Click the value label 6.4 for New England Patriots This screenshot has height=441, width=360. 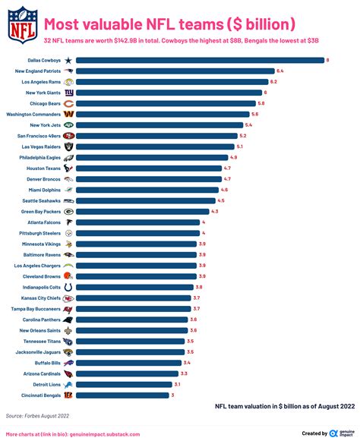[280, 71]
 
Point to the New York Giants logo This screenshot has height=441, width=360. [68, 92]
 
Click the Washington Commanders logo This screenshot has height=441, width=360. [68, 114]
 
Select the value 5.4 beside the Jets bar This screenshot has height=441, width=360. [248, 124]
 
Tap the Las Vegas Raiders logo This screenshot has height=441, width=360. [68, 146]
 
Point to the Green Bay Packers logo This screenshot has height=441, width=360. [68, 211]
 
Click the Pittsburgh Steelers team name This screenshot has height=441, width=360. [37, 233]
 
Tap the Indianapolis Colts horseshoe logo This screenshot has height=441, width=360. [68, 288]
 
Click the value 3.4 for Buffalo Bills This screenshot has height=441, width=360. [186, 363]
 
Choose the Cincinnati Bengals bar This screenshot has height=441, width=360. [122, 395]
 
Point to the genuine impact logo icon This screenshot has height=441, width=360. [333, 433]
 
